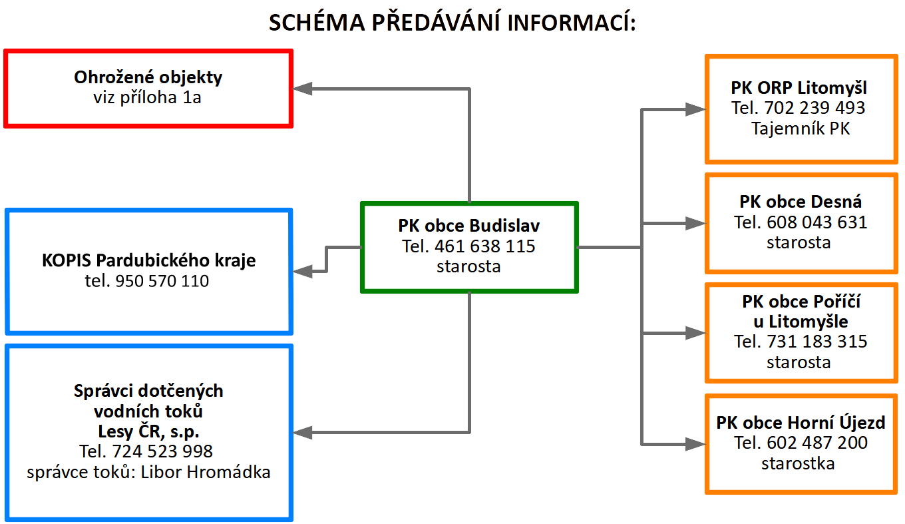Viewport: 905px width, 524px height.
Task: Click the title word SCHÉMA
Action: coord(317,22)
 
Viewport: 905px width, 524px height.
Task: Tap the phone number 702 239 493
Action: coord(814,108)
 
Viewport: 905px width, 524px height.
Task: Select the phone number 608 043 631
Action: coord(817,222)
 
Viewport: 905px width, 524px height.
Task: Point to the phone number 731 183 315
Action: coord(817,342)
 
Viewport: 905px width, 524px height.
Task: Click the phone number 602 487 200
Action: coord(817,443)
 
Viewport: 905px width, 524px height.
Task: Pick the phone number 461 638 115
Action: coord(485,246)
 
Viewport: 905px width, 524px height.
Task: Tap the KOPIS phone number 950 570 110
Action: coord(162,281)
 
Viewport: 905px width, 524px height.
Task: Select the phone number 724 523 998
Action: coord(162,451)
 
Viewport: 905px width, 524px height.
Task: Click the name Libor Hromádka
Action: coord(205,472)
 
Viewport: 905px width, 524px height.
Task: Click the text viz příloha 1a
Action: coord(147,98)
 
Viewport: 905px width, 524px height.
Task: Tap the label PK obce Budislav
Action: coord(468,226)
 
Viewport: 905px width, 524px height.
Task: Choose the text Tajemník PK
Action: coord(801,129)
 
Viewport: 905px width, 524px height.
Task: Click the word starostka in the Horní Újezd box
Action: coord(798,463)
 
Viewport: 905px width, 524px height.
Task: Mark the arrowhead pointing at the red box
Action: coord(302,89)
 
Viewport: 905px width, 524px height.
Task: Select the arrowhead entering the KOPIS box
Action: coord(302,271)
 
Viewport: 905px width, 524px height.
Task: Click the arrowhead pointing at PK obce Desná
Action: coord(695,223)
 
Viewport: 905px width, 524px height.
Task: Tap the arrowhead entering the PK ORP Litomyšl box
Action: coord(695,109)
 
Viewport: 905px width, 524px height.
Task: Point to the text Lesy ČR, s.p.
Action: coord(148,431)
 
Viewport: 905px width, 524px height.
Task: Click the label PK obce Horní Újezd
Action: coord(801,423)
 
